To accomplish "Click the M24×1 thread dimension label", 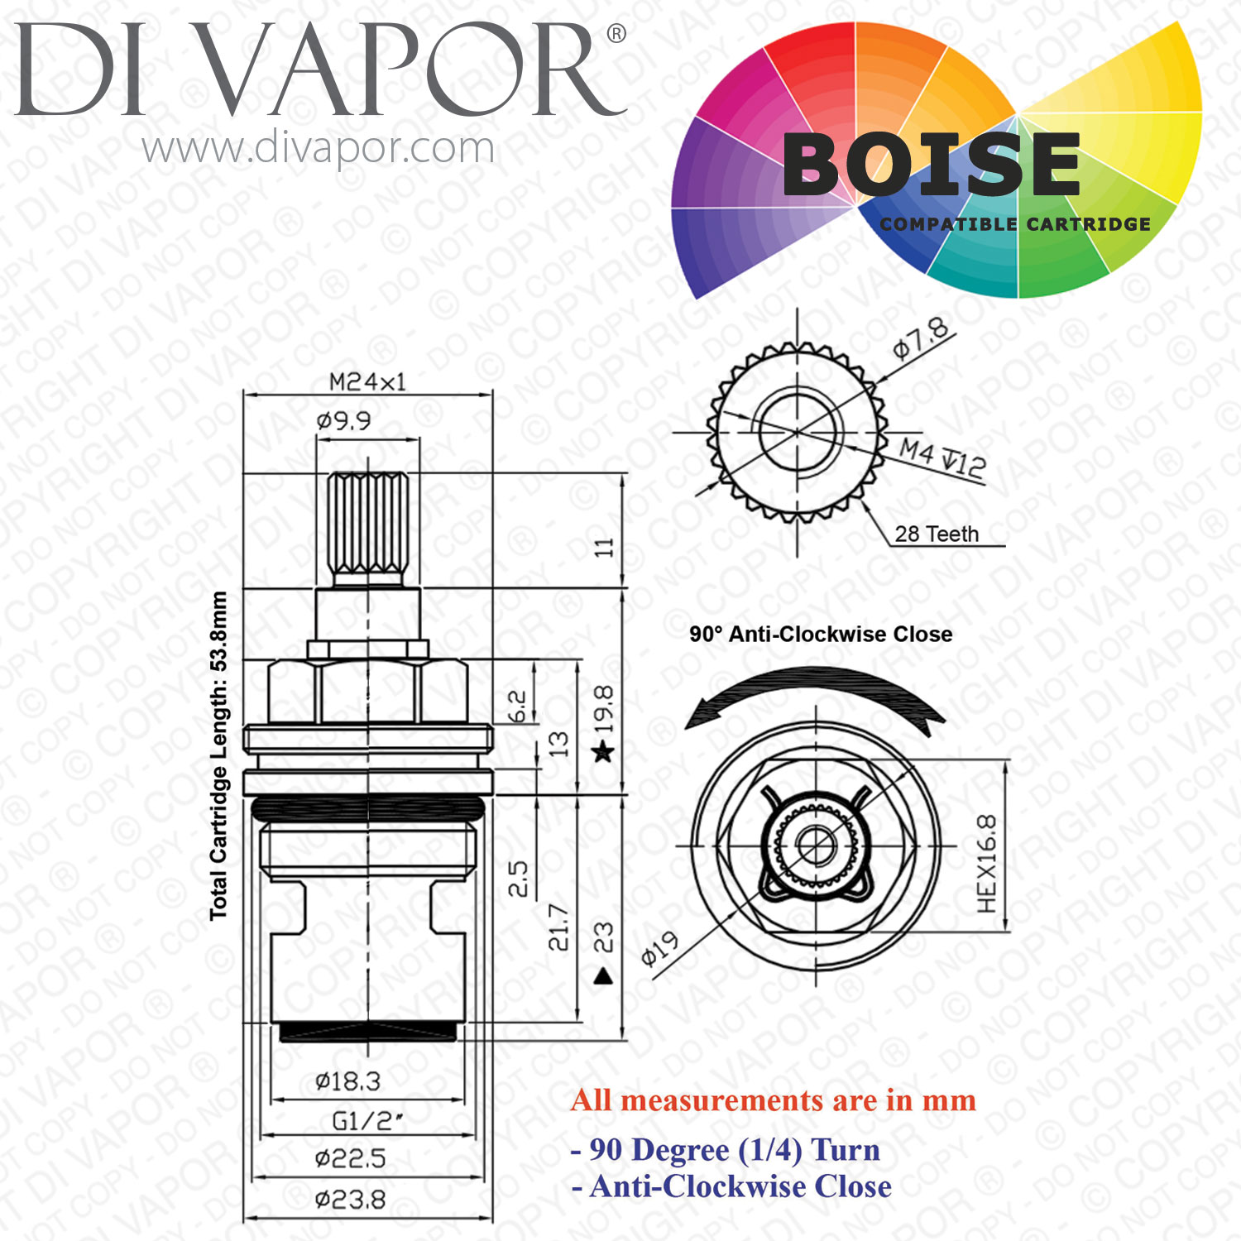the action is (x=367, y=381).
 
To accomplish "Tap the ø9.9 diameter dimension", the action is (x=343, y=420).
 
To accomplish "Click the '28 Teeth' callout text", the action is (x=937, y=534).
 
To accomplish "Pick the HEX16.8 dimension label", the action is (x=986, y=864).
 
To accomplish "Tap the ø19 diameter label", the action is (x=660, y=949).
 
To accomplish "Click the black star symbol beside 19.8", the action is (x=604, y=752).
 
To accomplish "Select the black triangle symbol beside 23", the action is (x=603, y=976).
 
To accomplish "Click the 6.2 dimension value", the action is (x=515, y=707).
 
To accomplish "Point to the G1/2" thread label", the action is (x=367, y=1121).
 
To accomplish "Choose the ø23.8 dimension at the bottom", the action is (x=350, y=1199).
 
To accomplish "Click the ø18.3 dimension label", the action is (x=347, y=1080).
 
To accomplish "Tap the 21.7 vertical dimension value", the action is (x=558, y=927).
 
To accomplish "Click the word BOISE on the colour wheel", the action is (x=932, y=165).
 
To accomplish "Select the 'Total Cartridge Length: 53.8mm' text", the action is (x=218, y=756).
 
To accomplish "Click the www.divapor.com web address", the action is (x=318, y=149).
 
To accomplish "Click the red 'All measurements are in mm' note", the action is (x=774, y=1100).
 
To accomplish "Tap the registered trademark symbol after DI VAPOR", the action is (x=616, y=34).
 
